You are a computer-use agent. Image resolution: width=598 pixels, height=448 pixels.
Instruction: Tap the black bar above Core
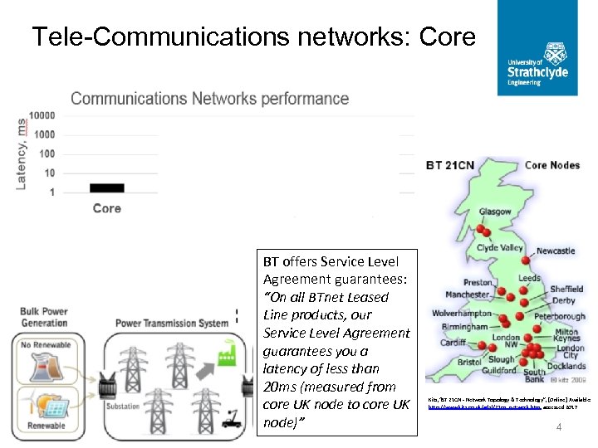(106, 187)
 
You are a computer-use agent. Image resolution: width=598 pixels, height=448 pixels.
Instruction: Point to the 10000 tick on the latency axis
(42, 115)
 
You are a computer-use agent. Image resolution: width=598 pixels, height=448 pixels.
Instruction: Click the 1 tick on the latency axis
(52, 192)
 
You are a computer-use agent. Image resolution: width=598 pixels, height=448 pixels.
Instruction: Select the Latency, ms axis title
(22, 153)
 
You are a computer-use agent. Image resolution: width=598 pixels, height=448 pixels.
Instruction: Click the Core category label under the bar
(106, 208)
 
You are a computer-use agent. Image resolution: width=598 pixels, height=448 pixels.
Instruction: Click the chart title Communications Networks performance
(209, 99)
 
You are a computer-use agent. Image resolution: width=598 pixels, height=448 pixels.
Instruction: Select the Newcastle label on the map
(556, 251)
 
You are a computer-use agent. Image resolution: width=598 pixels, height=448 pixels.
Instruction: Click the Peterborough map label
(559, 316)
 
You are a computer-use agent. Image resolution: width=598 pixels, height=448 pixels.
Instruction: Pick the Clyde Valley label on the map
(500, 248)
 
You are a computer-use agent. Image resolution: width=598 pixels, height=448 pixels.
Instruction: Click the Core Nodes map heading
(552, 165)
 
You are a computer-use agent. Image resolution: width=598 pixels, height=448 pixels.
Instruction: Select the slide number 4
(559, 428)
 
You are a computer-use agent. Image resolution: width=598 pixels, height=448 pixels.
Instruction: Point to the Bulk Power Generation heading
(44, 317)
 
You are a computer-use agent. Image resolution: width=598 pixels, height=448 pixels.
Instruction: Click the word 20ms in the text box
(279, 387)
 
